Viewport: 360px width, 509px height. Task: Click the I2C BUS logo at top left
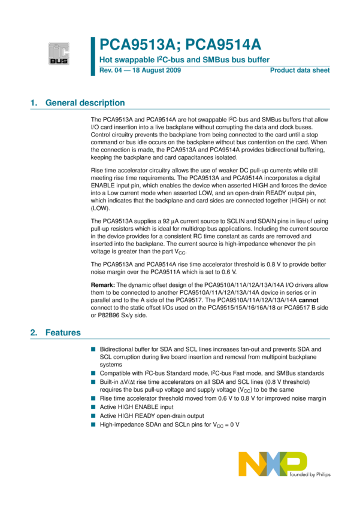[x=59, y=53]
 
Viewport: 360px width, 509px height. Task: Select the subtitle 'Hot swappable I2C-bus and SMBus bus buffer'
[x=184, y=60]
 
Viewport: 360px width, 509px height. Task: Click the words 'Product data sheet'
[x=300, y=71]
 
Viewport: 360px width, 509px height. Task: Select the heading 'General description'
[x=85, y=103]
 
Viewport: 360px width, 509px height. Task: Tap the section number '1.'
[x=34, y=103]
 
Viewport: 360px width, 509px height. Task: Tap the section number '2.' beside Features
[x=34, y=332]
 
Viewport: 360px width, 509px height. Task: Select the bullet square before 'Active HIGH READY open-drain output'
[x=93, y=416]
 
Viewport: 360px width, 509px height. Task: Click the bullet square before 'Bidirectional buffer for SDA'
[x=93, y=349]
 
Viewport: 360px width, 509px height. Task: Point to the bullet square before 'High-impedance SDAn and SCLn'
[x=93, y=425]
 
